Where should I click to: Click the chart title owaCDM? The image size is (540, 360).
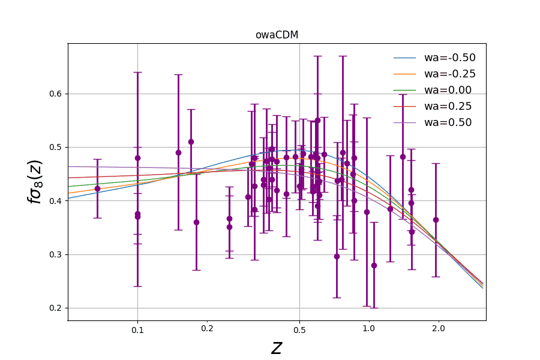[x=277, y=35]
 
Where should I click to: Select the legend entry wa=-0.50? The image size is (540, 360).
[x=449, y=58]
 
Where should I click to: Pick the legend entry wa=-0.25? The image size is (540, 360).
[x=449, y=74]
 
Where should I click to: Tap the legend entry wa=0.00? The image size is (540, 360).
[x=448, y=91]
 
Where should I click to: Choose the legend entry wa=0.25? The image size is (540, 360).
[x=448, y=106]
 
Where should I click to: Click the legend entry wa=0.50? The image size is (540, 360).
[x=448, y=122]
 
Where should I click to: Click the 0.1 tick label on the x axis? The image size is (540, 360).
[x=137, y=329]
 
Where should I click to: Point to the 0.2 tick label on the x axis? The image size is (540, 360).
[x=207, y=329]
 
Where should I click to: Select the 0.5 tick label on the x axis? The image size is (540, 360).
[x=299, y=329]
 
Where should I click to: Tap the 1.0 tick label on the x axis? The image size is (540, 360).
[x=368, y=329]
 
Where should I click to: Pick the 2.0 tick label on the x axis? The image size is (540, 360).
[x=439, y=329]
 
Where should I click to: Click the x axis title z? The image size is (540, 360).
[x=277, y=347]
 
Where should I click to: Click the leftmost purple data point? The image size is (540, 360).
[x=97, y=188]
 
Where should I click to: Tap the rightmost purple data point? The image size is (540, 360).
[x=436, y=220]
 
